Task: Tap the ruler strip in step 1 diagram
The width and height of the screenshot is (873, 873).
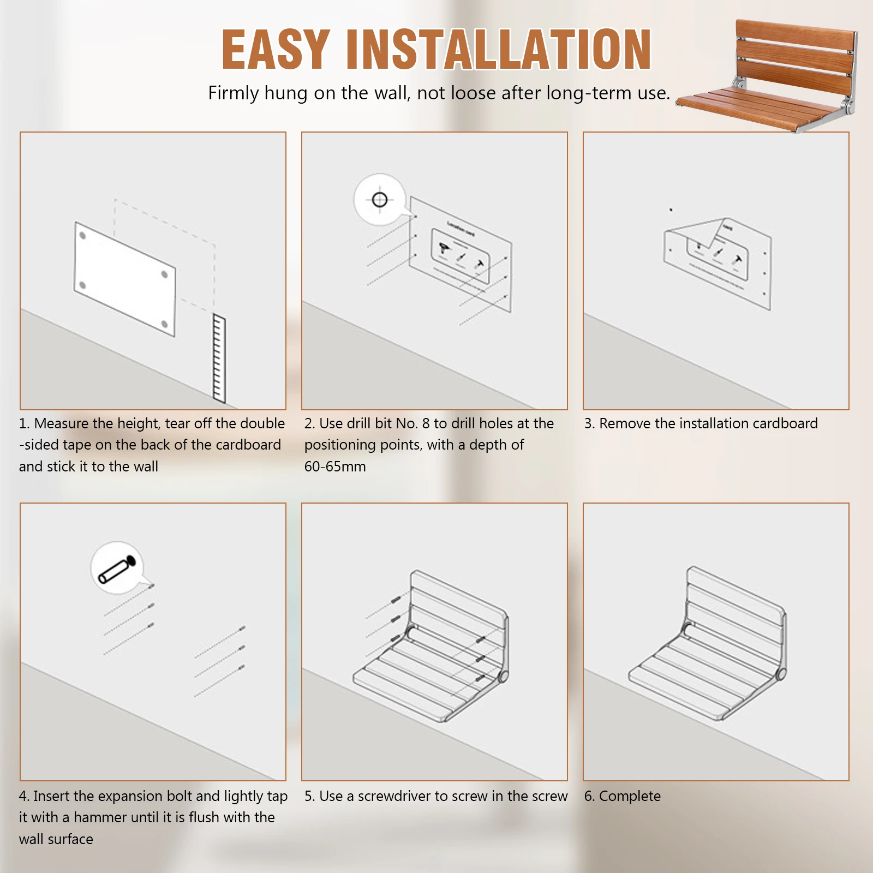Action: tap(219, 358)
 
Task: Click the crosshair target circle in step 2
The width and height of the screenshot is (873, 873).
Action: tap(380, 200)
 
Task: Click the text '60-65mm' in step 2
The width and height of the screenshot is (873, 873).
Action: tap(335, 467)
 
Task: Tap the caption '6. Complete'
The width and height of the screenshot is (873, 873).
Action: tap(622, 796)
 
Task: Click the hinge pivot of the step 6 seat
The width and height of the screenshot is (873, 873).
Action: tap(781, 674)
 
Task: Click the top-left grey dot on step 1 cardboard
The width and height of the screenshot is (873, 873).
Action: tap(82, 236)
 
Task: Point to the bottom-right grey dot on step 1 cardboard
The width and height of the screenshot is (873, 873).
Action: tap(165, 325)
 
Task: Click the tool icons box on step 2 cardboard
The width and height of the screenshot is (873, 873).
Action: tap(461, 255)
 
